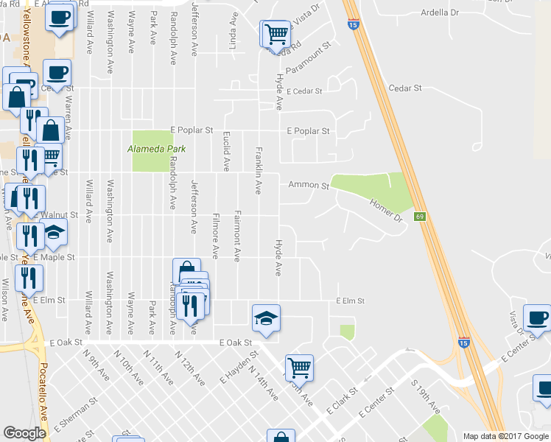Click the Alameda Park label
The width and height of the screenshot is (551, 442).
[x=155, y=149]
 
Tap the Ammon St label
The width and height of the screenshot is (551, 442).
[x=308, y=186]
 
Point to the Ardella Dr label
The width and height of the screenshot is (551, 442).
[x=439, y=13]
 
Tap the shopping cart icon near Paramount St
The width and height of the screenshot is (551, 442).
[x=275, y=34]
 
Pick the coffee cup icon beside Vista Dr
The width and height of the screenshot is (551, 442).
[x=537, y=318]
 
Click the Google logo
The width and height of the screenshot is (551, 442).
[x=24, y=433]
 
